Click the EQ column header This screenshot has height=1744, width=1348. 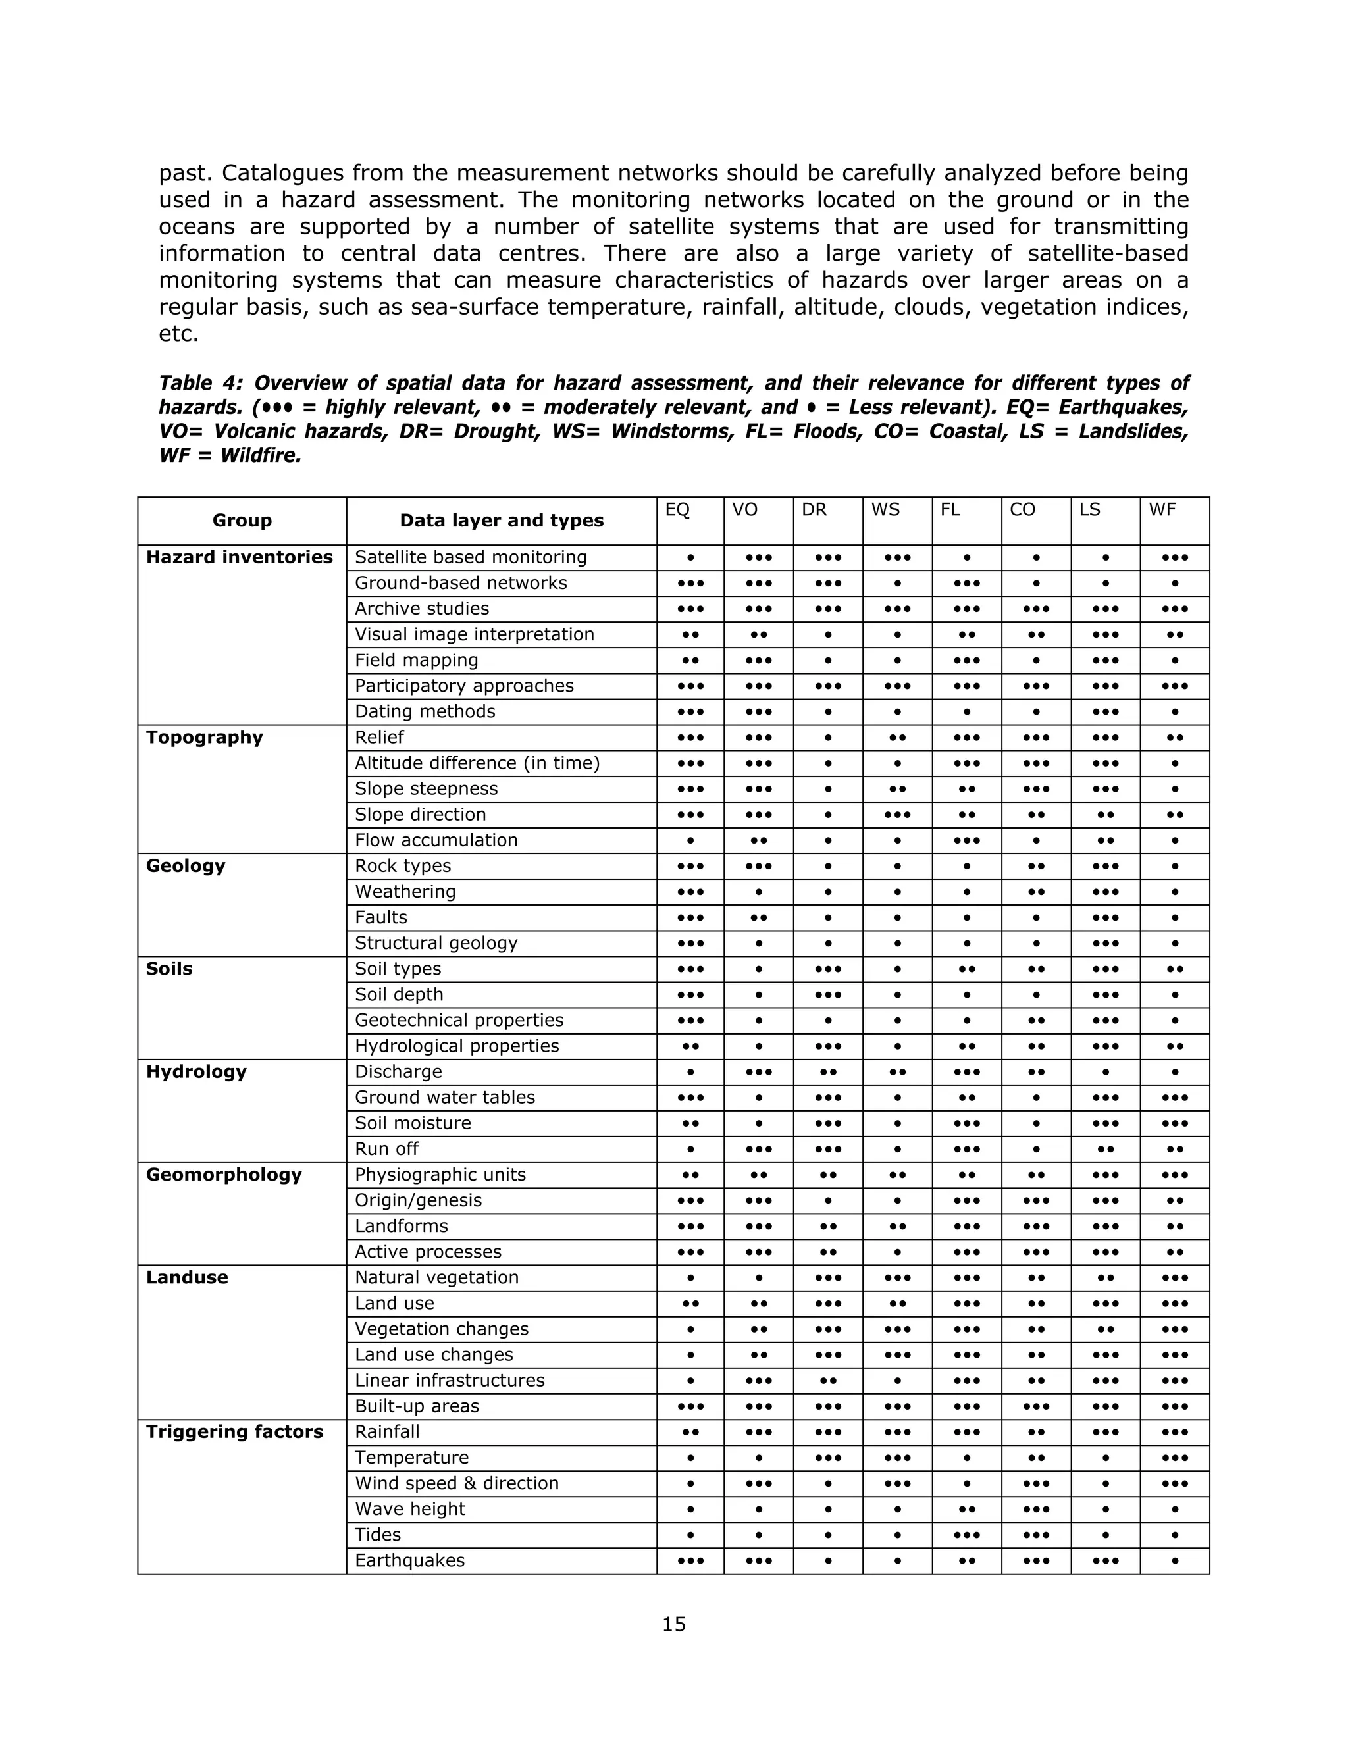click(677, 510)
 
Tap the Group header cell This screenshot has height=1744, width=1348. click(242, 521)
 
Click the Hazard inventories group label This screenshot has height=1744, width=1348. click(239, 557)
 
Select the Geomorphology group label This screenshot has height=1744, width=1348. click(224, 1175)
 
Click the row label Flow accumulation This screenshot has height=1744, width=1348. click(436, 840)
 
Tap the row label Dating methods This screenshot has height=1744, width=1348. click(425, 711)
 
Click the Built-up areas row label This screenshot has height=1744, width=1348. click(417, 1406)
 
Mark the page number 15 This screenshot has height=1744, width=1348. click(674, 1624)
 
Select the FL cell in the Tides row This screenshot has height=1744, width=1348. click(966, 1535)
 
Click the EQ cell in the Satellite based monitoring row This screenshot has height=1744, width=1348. click(690, 557)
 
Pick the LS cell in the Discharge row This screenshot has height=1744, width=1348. click(1105, 1071)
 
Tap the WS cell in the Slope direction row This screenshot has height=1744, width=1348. click(898, 815)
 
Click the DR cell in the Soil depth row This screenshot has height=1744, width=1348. click(828, 995)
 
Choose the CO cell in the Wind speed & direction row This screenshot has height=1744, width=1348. click(1036, 1483)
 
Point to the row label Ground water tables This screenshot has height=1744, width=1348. click(445, 1097)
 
